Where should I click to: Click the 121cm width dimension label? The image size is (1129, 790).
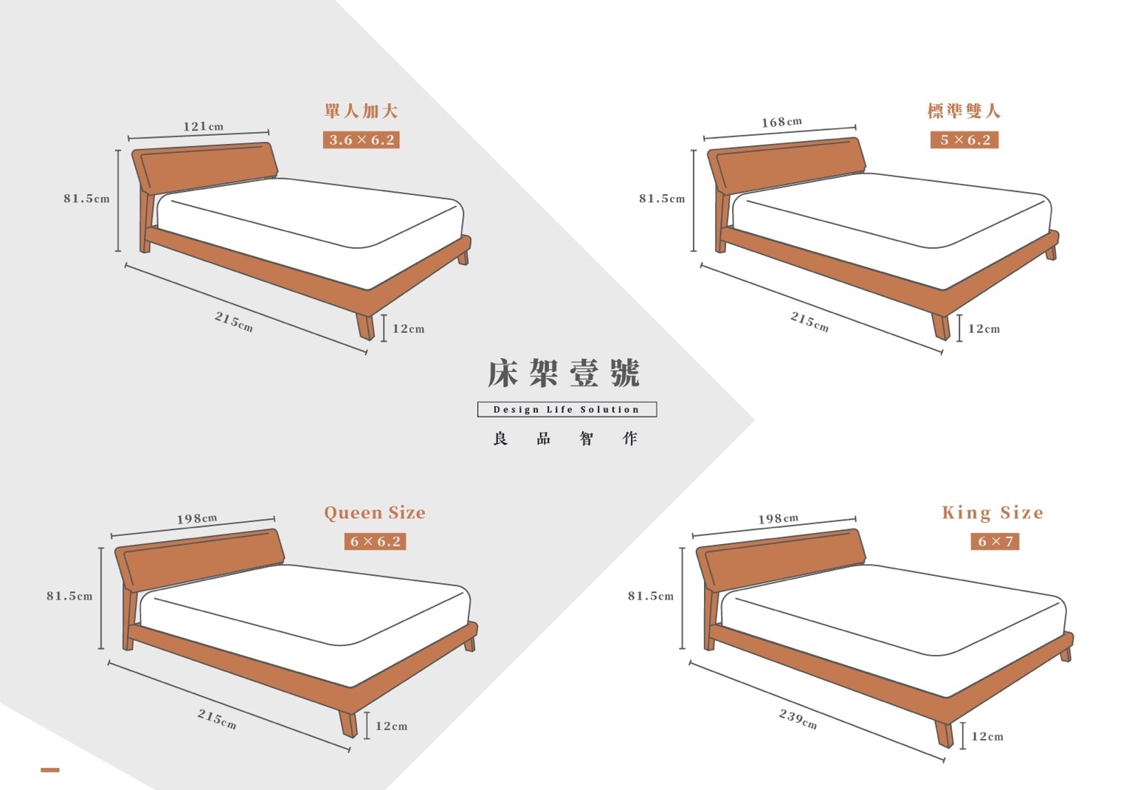coord(203,126)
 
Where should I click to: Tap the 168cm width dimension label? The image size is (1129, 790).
coord(781,122)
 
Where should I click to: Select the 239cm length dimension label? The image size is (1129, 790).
coord(798,718)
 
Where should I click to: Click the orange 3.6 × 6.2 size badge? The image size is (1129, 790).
coord(362,140)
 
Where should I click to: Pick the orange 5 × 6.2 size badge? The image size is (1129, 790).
coord(964,140)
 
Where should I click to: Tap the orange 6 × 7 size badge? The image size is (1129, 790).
coord(995,541)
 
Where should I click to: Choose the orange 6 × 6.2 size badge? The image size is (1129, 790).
coord(376,541)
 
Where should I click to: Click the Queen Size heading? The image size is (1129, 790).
coord(375,512)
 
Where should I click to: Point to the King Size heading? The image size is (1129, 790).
coord(992,512)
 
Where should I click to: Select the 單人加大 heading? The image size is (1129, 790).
coord(362,111)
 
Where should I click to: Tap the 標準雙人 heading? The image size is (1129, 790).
coord(964,111)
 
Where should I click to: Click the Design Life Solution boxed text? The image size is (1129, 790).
coord(567,409)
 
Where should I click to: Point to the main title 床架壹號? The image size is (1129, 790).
coord(564,374)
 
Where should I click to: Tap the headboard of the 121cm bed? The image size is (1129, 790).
coord(205,167)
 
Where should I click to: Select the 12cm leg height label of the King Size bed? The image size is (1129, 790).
coord(987,736)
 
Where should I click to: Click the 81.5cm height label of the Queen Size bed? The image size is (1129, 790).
coord(69,596)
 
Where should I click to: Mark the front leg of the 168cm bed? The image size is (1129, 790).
coord(940,326)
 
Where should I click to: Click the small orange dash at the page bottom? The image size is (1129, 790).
coord(50,769)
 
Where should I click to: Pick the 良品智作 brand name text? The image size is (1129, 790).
coord(565,439)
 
